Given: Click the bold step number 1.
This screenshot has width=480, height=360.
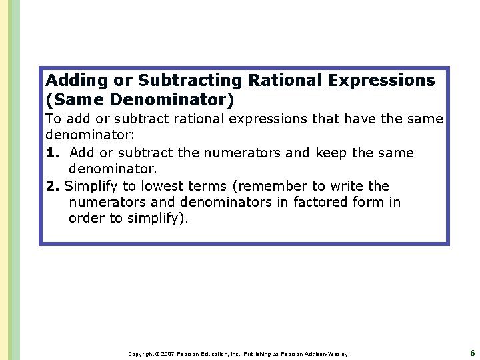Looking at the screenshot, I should (x=52, y=153).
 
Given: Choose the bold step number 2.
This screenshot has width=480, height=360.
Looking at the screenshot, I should (x=53, y=186).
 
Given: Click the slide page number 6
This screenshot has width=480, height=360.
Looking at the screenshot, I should (x=472, y=353).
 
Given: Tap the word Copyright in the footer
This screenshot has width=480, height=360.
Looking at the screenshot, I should (x=141, y=354).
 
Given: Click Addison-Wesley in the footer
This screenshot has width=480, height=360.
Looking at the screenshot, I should (x=326, y=354).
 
